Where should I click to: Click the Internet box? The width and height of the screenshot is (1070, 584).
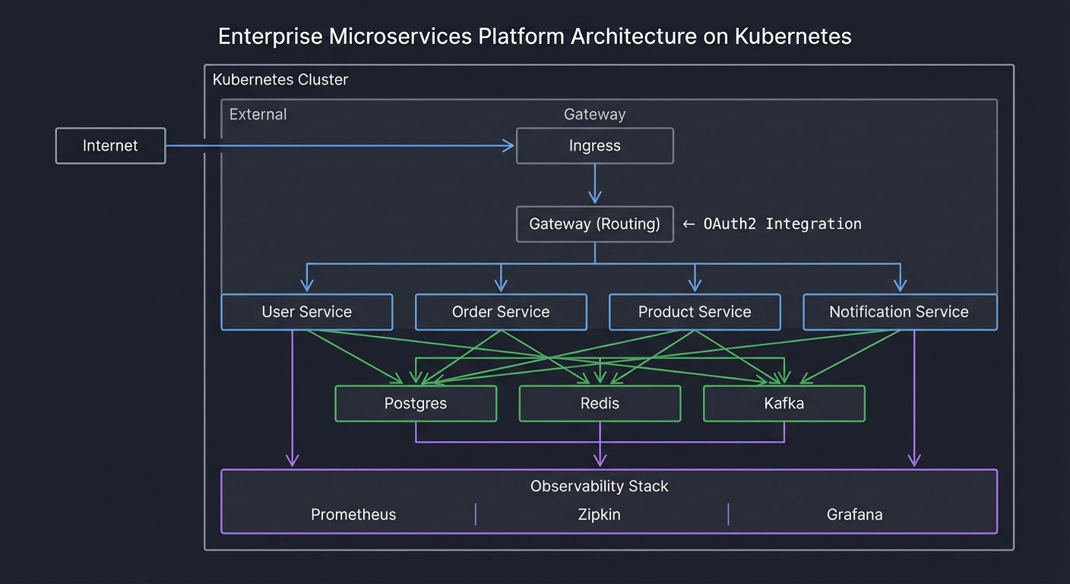[x=110, y=145]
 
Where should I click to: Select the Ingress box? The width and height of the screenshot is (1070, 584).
[x=594, y=145]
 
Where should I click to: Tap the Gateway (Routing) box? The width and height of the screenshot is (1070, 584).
[x=594, y=224]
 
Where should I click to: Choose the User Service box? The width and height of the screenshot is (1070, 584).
[x=306, y=312]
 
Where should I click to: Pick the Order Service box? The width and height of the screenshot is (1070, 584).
[x=500, y=312]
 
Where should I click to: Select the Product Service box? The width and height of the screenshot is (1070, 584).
[x=694, y=312]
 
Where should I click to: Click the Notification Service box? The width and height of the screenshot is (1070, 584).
[x=899, y=312]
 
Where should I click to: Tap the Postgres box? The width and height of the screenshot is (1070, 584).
[x=415, y=403]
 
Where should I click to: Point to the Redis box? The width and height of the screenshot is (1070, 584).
[x=600, y=403]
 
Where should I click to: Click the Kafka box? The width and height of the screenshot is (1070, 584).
[x=784, y=403]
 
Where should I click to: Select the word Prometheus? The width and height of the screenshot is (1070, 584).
[x=353, y=515]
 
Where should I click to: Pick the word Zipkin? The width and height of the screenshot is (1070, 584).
[x=599, y=515]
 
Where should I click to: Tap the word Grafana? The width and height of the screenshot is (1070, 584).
[x=854, y=515]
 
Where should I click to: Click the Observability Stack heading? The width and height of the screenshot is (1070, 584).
[x=599, y=486]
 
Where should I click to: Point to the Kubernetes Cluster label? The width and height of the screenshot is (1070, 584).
[x=280, y=80]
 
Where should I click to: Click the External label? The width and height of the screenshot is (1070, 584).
[x=258, y=115]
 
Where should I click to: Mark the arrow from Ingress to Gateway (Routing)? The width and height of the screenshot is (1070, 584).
[x=594, y=184]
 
